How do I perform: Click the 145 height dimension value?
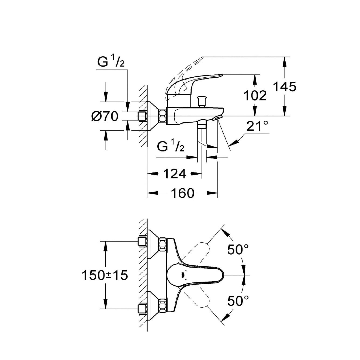[285, 87]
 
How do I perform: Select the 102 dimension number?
[255, 95]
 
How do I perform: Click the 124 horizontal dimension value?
[175, 174]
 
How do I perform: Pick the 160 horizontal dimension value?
[182, 193]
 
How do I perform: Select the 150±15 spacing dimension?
[105, 275]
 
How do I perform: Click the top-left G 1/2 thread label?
[111, 63]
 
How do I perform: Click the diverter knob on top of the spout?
[201, 101]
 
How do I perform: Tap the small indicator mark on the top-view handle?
[182, 275]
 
